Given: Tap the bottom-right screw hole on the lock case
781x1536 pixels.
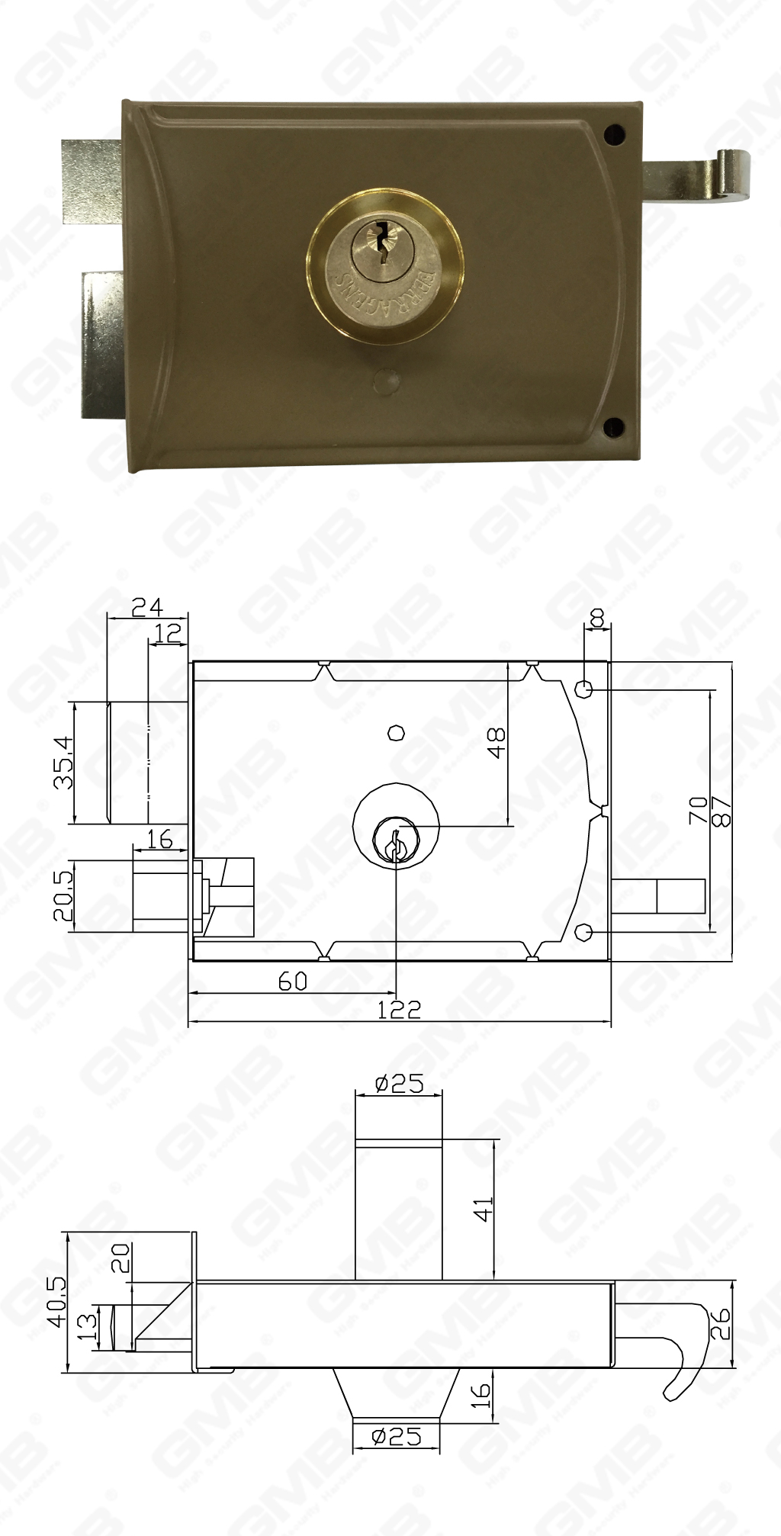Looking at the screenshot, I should point(612,428).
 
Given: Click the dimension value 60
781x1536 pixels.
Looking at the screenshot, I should point(292,981).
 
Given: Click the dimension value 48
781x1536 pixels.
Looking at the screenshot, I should point(496,743).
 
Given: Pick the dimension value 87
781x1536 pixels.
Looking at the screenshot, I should point(722,811).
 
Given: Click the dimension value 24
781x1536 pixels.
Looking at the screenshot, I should point(147,607).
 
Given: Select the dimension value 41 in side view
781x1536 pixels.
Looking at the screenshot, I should point(484,1210).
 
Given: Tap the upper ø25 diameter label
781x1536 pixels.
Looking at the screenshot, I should point(399,1084).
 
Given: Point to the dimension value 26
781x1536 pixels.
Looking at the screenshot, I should point(721,1325).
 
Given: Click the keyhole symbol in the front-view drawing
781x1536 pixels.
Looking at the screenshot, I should point(394,844).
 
